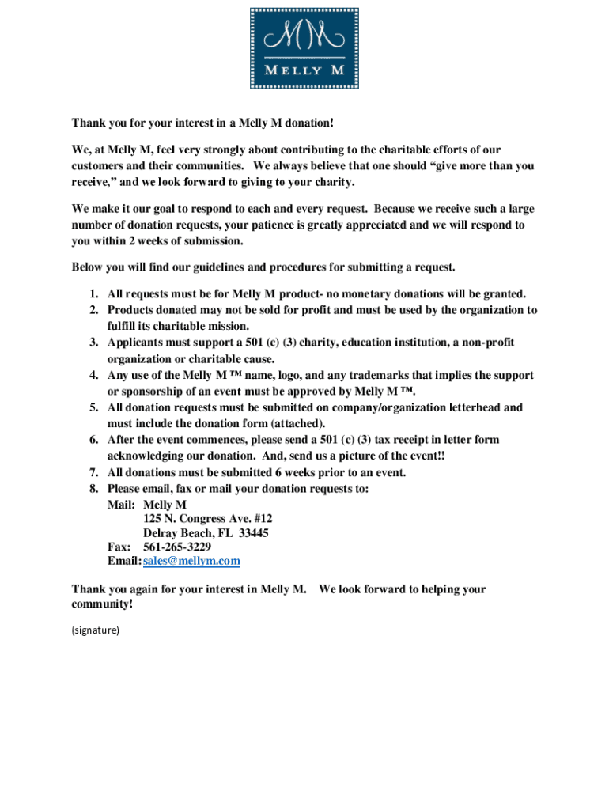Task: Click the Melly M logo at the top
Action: point(304,47)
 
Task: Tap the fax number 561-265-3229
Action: point(176,547)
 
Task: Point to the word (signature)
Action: point(96,630)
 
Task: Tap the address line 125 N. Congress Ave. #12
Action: point(208,519)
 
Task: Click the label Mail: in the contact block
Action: point(122,505)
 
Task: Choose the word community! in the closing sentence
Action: point(103,604)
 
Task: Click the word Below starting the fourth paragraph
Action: point(88,267)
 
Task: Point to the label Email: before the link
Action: point(124,562)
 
